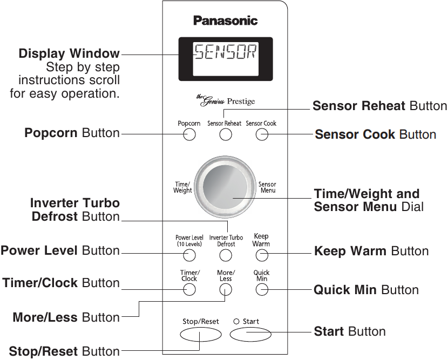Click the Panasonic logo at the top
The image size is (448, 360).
226,21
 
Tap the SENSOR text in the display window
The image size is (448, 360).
226,53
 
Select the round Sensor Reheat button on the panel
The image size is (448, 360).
225,134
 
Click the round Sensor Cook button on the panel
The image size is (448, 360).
262,134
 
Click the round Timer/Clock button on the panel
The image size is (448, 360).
189,290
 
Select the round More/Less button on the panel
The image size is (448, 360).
225,290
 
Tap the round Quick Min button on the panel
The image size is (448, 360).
262,290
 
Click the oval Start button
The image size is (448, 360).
250,335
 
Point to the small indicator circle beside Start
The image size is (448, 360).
236,322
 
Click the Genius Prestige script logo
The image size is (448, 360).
225,100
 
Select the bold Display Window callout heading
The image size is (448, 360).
69,54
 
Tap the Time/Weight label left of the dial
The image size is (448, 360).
182,188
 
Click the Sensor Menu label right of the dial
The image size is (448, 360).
268,188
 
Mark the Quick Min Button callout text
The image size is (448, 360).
366,290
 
